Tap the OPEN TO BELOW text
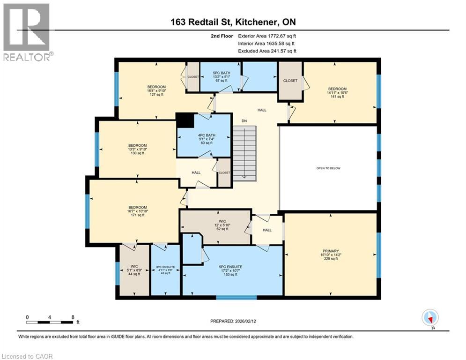coord(327,168)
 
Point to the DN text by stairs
coord(244,121)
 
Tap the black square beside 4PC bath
coord(185,120)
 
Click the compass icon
coord(429,318)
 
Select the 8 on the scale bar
coord(73,317)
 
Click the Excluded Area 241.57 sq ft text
coord(267,51)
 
